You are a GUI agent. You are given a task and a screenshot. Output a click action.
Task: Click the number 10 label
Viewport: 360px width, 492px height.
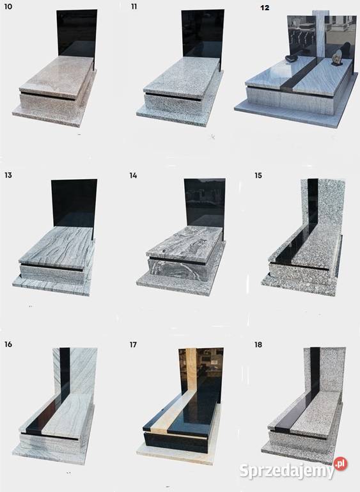click(8, 6)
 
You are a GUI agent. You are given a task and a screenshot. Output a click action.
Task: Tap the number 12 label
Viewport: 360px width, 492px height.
click(265, 8)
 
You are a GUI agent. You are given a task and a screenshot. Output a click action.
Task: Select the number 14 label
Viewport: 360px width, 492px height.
click(133, 175)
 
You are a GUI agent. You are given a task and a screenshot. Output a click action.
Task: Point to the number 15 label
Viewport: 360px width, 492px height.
click(258, 175)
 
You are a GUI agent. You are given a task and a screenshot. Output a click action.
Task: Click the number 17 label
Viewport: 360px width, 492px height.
click(133, 344)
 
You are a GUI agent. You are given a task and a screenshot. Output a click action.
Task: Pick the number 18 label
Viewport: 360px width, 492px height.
click(258, 344)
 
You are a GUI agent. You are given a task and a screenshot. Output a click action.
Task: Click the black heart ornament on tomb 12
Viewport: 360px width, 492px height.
click(292, 59)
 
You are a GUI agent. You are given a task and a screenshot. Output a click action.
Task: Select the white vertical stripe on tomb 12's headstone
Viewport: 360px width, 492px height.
click(318, 34)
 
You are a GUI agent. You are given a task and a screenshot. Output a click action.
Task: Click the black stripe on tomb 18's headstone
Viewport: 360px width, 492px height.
click(315, 370)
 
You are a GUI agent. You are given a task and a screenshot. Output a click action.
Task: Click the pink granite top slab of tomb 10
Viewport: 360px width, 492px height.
click(57, 77)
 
